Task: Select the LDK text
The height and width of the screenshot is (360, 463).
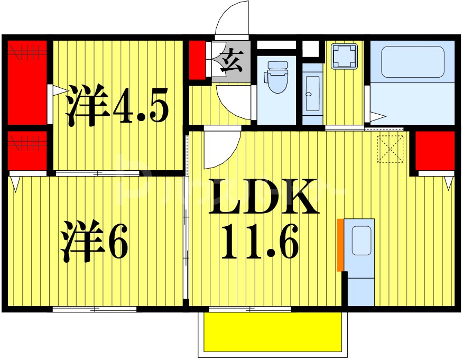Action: pyautogui.click(x=264, y=197)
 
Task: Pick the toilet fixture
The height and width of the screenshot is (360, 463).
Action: pyautogui.click(x=277, y=77)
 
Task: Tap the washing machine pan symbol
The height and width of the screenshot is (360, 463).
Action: pyautogui.click(x=344, y=56)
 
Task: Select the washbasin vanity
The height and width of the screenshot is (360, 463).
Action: pyautogui.click(x=312, y=94)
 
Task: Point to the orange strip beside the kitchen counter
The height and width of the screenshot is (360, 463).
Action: pyautogui.click(x=340, y=245)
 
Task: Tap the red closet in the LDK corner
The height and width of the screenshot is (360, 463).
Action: pyautogui.click(x=435, y=150)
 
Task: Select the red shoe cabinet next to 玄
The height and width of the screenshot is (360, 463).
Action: pyautogui.click(x=198, y=59)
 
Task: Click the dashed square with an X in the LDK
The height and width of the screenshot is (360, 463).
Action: pyautogui.click(x=391, y=149)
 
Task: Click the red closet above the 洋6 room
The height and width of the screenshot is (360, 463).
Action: pyautogui.click(x=27, y=151)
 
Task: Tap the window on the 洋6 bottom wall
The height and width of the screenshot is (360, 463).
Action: pyautogui.click(x=95, y=309)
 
